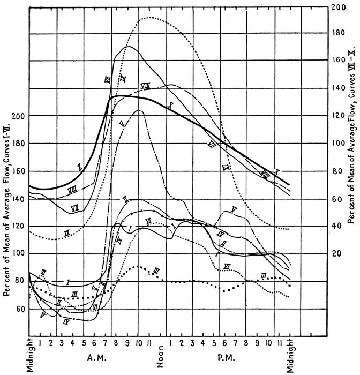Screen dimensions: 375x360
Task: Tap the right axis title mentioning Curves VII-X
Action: click(351, 133)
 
